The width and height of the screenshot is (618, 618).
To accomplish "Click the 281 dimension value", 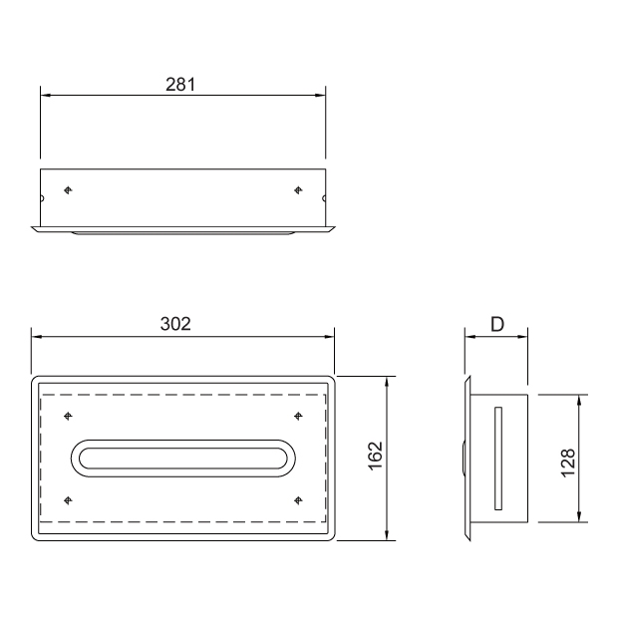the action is click(x=180, y=85).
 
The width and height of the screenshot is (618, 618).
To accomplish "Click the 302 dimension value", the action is click(x=175, y=324).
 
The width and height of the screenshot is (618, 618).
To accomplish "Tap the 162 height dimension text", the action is click(x=376, y=456).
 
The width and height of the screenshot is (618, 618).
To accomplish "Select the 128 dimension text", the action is click(x=568, y=463).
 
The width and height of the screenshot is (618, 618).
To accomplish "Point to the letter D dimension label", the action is click(x=497, y=324).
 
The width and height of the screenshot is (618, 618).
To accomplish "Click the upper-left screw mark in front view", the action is click(x=68, y=416).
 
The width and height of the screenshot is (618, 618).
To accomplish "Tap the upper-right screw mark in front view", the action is click(x=298, y=416).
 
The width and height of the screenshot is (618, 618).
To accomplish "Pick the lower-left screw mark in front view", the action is click(x=68, y=500).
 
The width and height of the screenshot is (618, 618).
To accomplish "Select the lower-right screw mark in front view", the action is click(x=298, y=500).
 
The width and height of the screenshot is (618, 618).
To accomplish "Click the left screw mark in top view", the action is click(x=68, y=190).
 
